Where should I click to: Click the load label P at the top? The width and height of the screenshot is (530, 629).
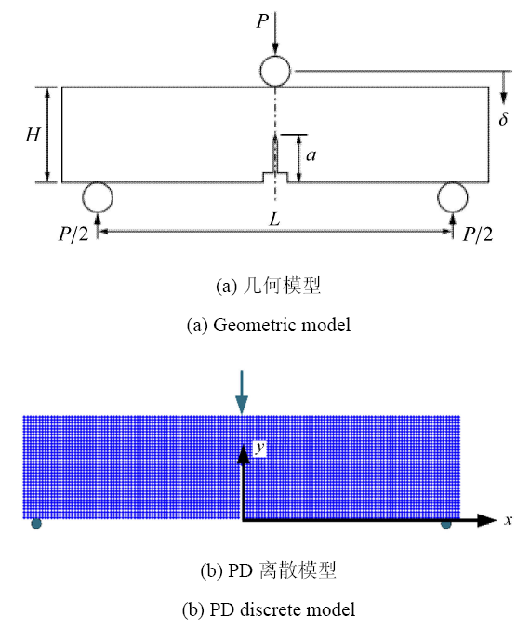pos(262,20)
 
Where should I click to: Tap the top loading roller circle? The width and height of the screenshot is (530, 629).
pos(275,58)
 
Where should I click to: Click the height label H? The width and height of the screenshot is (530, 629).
pos(33,135)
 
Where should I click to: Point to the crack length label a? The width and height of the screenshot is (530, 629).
pos(311,154)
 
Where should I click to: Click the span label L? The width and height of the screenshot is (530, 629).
pos(274,219)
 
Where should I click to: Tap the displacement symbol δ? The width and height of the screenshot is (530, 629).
pos(504,118)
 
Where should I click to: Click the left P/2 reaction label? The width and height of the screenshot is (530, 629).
pos(73,234)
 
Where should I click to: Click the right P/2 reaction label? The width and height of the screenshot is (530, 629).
pos(478,234)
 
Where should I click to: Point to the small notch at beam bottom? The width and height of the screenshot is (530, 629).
pos(275,178)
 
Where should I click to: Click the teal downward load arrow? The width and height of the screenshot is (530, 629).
pos(242,393)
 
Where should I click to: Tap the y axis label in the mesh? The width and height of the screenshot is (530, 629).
pos(260,448)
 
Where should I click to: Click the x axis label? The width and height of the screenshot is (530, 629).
pos(508,520)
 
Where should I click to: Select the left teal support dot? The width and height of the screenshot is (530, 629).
pos(36,524)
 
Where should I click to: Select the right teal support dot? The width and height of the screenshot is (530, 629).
pos(445,524)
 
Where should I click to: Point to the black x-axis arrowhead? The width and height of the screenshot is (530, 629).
pos(487,520)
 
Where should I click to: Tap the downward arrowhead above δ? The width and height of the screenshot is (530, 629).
pos(504,99)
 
